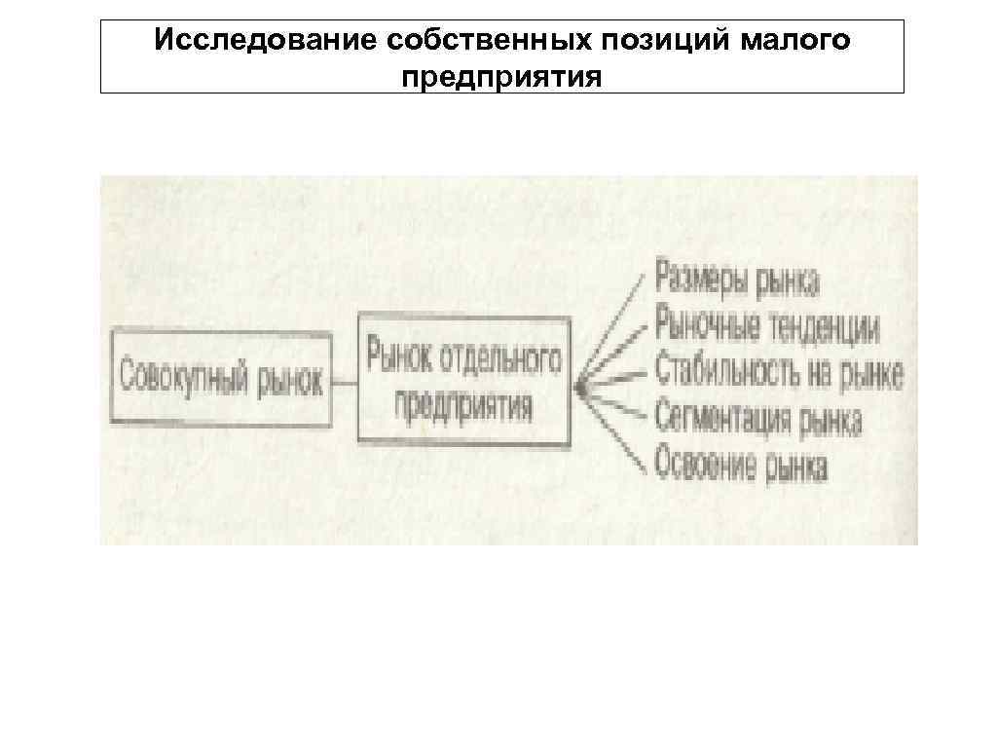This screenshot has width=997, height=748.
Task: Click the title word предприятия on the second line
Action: pyautogui.click(x=501, y=75)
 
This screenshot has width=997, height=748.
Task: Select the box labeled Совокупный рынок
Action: pyautogui.click(x=221, y=378)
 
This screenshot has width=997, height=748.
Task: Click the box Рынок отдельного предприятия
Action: pyautogui.click(x=464, y=380)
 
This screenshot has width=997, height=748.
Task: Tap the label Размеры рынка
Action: pyautogui.click(x=737, y=281)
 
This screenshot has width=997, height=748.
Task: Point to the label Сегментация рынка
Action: pyautogui.click(x=758, y=421)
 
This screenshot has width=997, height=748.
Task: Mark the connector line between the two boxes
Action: pyautogui.click(x=345, y=382)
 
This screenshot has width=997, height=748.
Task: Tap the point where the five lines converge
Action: pyautogui.click(x=579, y=388)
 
